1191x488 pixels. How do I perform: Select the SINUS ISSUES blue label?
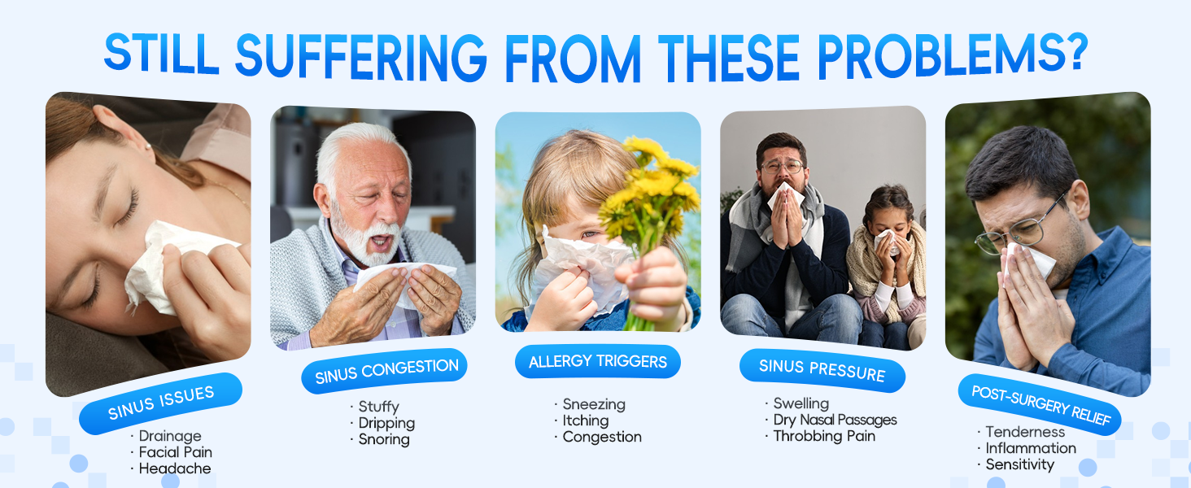(160, 403)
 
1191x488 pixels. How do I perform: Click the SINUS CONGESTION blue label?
(386, 370)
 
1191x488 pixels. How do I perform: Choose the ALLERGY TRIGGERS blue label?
(598, 361)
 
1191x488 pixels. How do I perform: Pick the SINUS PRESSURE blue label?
(822, 370)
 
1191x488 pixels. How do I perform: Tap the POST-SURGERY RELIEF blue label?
(1040, 404)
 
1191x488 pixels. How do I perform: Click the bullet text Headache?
(175, 468)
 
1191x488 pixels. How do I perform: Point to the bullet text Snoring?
(384, 439)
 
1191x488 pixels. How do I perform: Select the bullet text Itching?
(586, 420)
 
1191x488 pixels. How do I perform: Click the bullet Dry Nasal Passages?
(835, 420)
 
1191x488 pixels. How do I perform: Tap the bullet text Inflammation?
(1031, 448)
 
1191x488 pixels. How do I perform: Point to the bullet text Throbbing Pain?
(824, 436)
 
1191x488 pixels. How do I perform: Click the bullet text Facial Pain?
(176, 452)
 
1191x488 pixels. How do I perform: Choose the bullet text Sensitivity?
(1020, 464)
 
